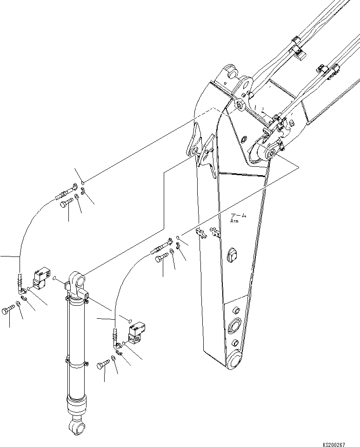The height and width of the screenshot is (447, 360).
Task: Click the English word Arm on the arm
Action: coord(235,222)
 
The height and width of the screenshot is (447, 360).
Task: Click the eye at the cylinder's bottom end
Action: coord(76,425)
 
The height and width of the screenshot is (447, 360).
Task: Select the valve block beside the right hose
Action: coord(136,335)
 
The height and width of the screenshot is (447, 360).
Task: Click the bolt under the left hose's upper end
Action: coord(67,203)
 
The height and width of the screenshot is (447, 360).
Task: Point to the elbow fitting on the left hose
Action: coord(22,289)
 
